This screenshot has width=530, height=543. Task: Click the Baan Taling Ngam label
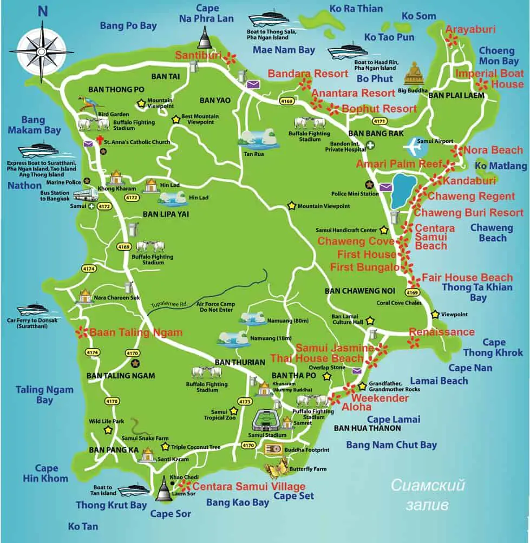coord(135,332)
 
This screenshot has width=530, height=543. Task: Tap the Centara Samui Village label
coord(249,486)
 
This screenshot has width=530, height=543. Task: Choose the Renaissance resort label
coord(441,332)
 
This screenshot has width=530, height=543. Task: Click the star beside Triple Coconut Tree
coord(165,447)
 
